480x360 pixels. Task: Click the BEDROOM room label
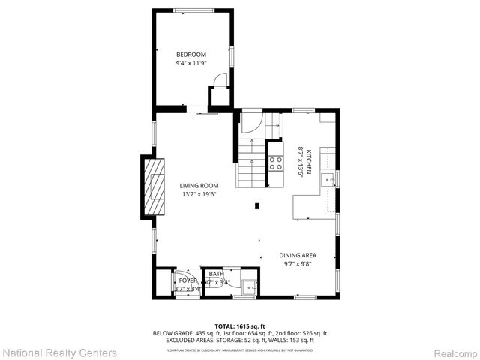[190, 55]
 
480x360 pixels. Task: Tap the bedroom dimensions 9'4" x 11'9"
[190, 64]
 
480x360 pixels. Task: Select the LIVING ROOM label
[199, 186]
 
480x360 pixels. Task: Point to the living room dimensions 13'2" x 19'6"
[199, 195]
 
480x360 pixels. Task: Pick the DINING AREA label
[298, 255]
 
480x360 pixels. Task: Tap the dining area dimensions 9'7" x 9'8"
[298, 264]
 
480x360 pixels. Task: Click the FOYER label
[187, 280]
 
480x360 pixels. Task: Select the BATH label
[217, 274]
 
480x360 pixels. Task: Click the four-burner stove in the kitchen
[275, 163]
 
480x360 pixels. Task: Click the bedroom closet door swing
[220, 79]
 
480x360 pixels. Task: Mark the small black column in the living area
[257, 205]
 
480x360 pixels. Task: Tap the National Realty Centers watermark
[60, 352]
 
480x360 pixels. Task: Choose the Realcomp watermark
[450, 352]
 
